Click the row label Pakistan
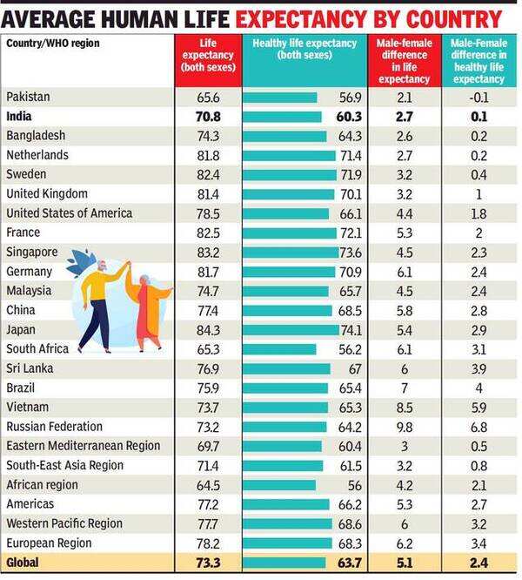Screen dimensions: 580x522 pos(28,97)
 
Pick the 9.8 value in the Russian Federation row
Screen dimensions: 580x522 pos(404,427)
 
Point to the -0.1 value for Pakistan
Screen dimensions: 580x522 pos(478,97)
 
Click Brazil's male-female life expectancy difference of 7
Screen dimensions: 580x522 pos(404,388)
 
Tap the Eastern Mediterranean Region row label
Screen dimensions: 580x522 pos(83,446)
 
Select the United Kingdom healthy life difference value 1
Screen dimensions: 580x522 pos(478,193)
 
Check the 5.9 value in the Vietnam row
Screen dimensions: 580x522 pos(478,407)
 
